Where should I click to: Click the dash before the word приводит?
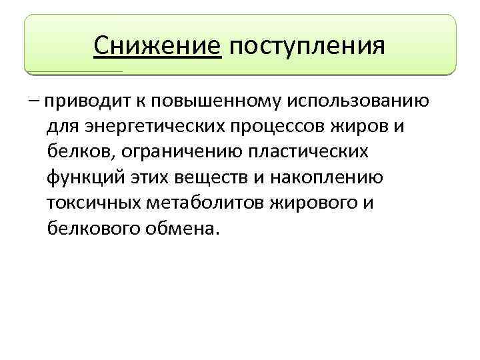pyautogui.click(x=33, y=103)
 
